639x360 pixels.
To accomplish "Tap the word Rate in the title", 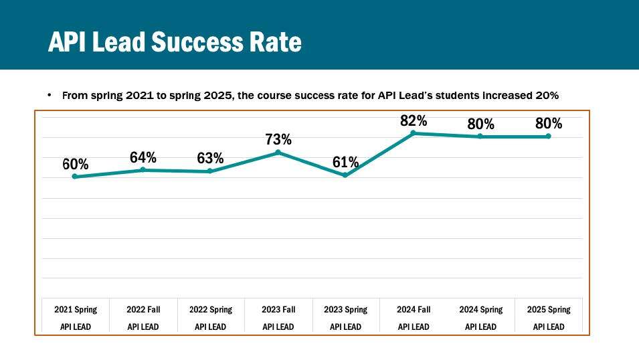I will coord(275,42).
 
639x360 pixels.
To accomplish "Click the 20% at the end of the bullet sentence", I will coord(547,96).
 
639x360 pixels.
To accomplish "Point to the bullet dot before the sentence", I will coord(50,96).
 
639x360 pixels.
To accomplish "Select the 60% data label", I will coord(76,165).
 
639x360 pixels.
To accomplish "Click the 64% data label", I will coord(143,158).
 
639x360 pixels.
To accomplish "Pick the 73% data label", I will coord(278,140).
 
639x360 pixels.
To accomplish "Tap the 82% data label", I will coord(414,120).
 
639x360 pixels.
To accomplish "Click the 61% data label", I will coord(346,162).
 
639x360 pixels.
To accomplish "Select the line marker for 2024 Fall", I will coord(414,132).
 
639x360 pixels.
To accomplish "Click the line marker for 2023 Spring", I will coord(345,175).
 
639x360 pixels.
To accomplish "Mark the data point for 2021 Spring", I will coord(75,177).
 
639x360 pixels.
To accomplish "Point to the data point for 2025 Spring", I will coord(549,137).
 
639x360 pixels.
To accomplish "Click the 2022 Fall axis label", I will coord(143,310).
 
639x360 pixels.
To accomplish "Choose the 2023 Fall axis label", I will coord(278,310).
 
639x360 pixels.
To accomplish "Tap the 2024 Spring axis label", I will coord(481,310).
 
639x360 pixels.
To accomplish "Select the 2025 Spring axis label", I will coord(549,310).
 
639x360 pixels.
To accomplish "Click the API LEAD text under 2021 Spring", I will coord(76,327).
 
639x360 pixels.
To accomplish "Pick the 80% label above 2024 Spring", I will coord(481,124).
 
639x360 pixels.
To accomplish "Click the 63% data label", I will coord(210,159).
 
